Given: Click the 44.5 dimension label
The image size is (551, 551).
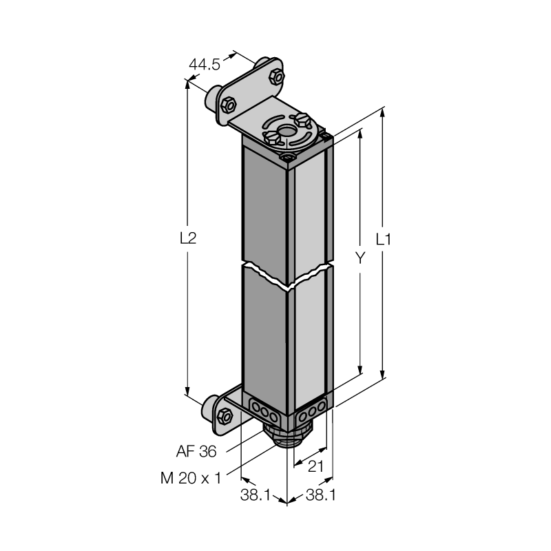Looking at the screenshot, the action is click(204, 65).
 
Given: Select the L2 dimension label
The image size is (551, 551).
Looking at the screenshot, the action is click(188, 238).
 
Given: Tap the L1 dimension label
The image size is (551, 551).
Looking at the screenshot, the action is click(383, 240).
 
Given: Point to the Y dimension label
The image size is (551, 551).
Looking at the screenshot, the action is click(360, 258).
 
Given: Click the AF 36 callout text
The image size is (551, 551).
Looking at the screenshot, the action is click(196, 452).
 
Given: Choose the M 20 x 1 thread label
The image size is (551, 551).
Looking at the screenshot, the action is click(191, 478).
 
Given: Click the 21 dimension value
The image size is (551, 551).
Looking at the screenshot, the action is click(315, 467).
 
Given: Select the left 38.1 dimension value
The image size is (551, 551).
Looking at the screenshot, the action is click(255, 495).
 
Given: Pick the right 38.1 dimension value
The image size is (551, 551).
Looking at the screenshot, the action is click(321, 495).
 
